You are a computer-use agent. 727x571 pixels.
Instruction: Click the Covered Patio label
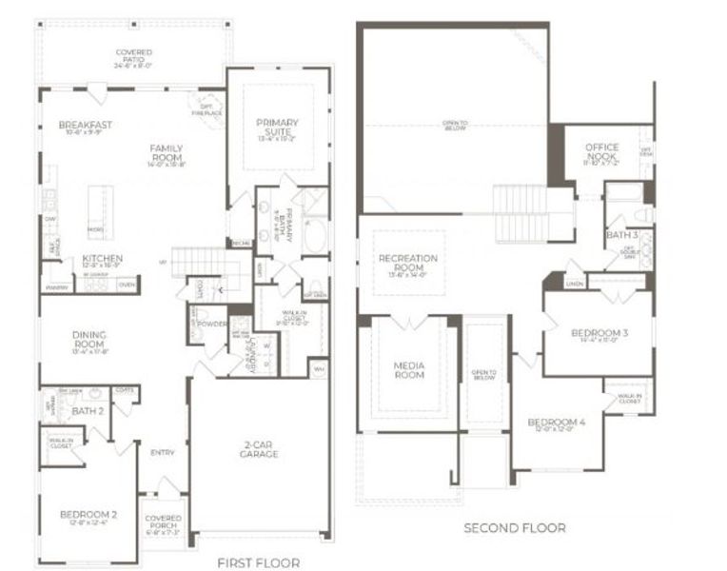click(x=133, y=55)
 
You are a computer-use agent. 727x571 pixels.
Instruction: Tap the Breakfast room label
click(x=85, y=125)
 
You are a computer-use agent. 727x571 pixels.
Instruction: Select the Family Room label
click(x=166, y=153)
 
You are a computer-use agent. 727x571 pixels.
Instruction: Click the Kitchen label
click(x=102, y=259)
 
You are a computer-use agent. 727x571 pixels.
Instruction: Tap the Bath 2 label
click(x=87, y=410)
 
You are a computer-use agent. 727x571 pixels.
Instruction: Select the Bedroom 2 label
click(x=88, y=515)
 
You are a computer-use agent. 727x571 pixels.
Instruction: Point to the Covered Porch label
click(x=163, y=522)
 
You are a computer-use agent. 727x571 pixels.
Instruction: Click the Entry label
click(x=163, y=452)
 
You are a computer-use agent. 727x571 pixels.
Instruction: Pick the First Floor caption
click(x=259, y=561)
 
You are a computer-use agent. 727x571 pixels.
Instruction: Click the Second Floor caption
click(x=515, y=527)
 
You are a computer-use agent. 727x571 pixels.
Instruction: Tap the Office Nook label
click(x=600, y=152)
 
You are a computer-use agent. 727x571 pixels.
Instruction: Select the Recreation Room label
click(x=407, y=264)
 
